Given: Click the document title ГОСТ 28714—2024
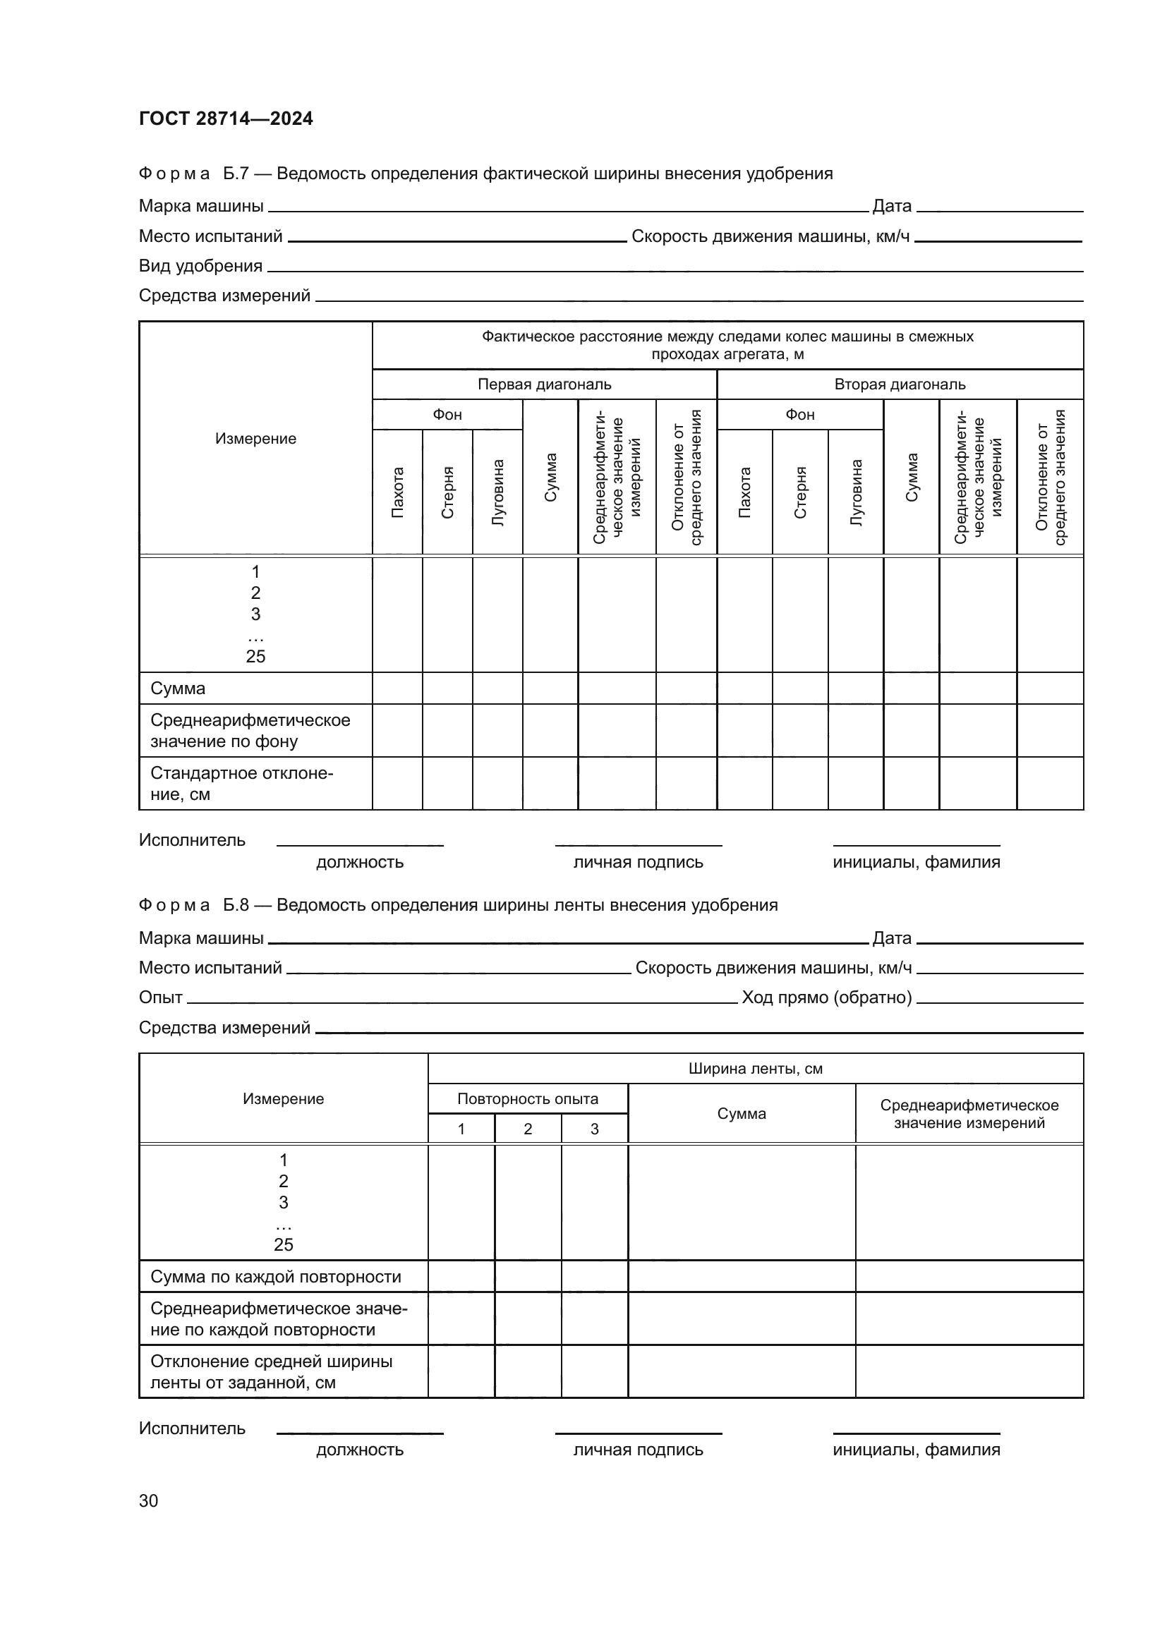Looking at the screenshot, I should coord(226,119).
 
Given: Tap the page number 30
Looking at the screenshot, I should coord(148,1500).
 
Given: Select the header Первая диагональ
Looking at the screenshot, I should coord(544,384).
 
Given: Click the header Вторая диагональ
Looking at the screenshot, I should coord(900,384).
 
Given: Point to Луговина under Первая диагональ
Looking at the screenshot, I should coord(497,492).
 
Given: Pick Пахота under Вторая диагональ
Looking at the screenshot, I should coord(744,492).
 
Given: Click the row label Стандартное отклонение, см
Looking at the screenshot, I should coord(241,783).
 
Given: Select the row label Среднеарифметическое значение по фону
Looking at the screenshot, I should coord(249,730).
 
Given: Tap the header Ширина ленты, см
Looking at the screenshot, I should coord(755,1069).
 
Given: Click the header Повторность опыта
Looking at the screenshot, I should coord(528,1099).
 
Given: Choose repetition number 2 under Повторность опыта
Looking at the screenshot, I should coord(528,1129).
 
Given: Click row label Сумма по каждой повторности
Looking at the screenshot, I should coord(275,1276).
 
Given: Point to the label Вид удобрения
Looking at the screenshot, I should coord(200,266).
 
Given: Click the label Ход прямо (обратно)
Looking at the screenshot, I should coord(826,997).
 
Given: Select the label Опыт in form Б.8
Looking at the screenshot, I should coord(160,997).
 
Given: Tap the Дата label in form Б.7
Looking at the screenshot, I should coord(891,206).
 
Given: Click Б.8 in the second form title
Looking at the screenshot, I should coord(236,905).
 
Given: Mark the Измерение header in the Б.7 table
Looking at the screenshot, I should coord(255,439).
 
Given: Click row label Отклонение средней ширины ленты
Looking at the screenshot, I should coord(271,1372).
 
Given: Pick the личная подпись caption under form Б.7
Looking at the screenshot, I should coord(637,862).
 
